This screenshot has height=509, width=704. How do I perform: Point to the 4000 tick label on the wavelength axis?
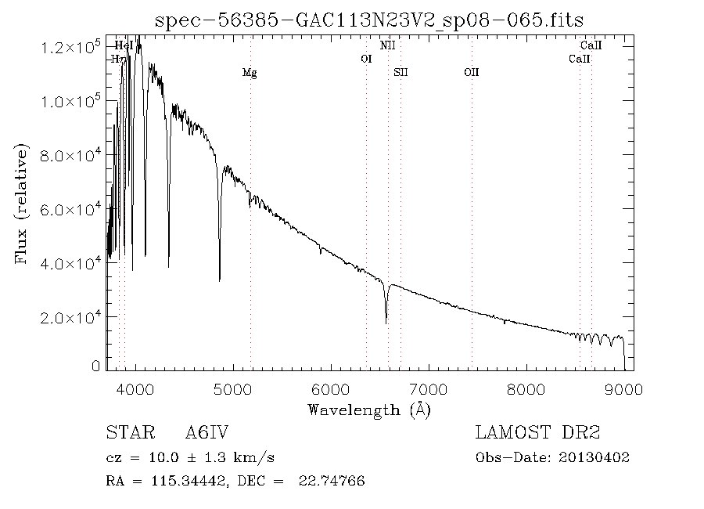[x=137, y=388]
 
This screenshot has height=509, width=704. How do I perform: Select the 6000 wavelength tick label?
[x=332, y=388]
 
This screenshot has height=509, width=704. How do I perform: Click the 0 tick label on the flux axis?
[x=96, y=366]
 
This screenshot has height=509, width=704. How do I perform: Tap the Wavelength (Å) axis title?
[x=369, y=409]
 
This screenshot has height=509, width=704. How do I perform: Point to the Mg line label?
[x=250, y=73]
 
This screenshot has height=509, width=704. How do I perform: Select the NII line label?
[x=387, y=46]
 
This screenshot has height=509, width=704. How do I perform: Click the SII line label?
[x=400, y=73]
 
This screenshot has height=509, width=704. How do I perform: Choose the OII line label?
[x=471, y=73]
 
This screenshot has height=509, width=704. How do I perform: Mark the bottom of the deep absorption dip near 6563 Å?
[x=386, y=323]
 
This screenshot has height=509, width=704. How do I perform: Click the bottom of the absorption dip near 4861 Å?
[x=219, y=280]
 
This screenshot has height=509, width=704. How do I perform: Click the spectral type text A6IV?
[x=207, y=433]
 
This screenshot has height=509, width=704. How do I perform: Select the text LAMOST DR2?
[x=537, y=433]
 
